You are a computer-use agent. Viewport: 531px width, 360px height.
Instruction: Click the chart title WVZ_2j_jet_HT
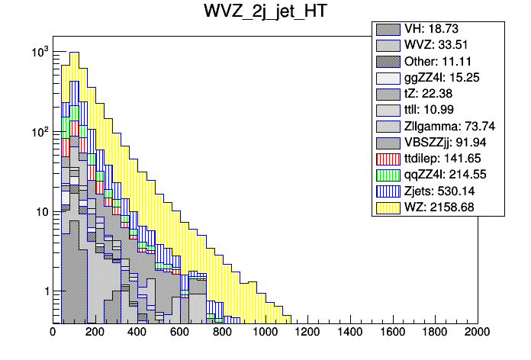(x=265, y=12)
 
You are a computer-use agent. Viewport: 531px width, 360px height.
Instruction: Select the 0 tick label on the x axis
(x=53, y=333)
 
